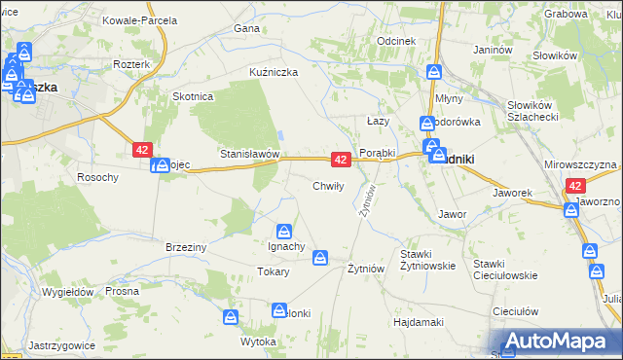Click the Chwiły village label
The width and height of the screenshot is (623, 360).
click(326, 186)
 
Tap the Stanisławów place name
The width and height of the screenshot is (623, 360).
click(250, 155)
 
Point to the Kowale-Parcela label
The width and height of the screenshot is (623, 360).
click(140, 20)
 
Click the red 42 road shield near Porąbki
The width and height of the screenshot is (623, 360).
click(341, 159)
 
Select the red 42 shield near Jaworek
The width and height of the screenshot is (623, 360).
click(576, 186)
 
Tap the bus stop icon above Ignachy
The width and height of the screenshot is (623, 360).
click(283, 231)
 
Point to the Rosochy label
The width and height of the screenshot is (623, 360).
click(97, 177)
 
